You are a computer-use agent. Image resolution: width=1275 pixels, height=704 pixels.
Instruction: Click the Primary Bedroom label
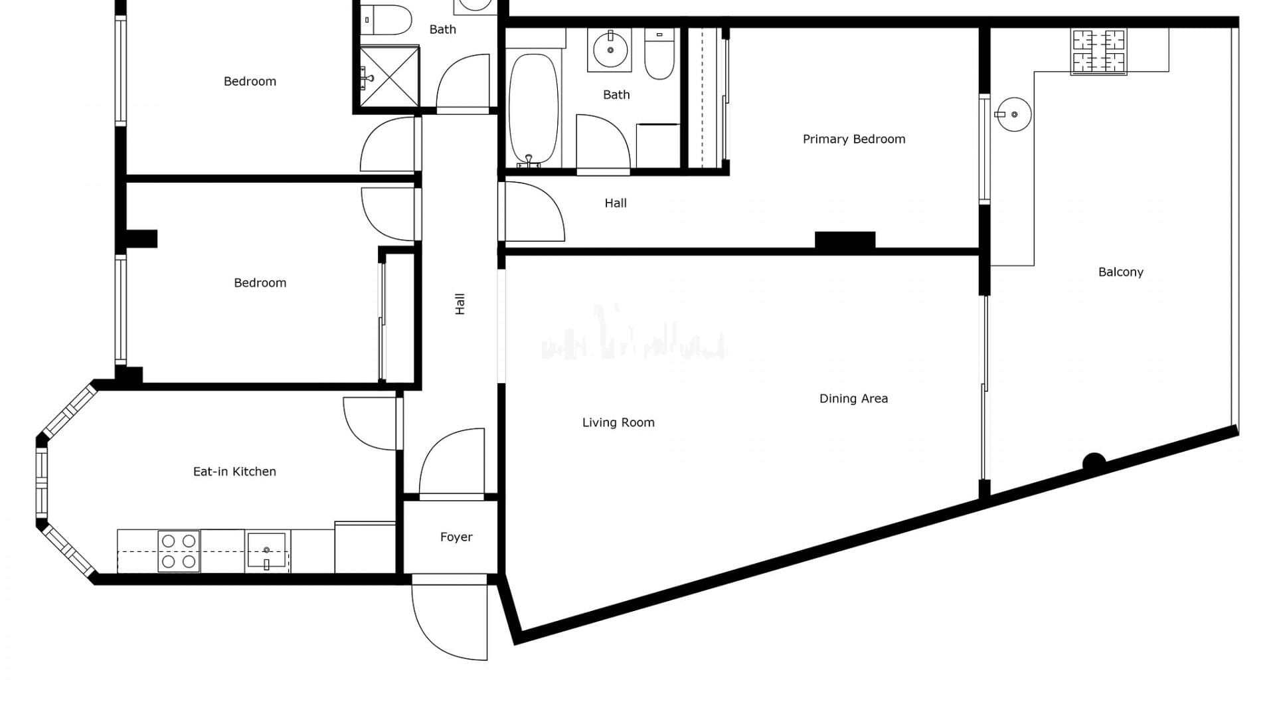pos(854,139)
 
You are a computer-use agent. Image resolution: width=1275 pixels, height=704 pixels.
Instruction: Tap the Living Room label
pos(618,422)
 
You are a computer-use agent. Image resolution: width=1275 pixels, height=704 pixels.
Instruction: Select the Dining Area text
pos(853,398)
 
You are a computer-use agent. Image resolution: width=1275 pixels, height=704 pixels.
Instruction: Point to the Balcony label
pos(1121,272)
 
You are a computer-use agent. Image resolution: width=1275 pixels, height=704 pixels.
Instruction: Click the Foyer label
pos(456,537)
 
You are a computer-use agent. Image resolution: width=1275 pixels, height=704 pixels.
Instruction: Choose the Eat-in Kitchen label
pos(234,472)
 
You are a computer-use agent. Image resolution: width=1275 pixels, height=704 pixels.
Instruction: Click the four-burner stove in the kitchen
pos(179,551)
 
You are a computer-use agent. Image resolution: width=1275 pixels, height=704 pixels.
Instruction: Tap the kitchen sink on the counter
pos(266,551)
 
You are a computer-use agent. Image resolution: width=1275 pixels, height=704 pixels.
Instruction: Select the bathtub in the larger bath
pos(533,110)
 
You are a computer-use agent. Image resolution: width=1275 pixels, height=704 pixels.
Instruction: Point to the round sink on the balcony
pos(1013,114)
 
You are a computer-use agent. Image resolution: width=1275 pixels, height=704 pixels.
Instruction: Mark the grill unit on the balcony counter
pos(1099,52)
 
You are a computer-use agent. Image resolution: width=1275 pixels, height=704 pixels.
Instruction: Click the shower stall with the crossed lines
pos(390,76)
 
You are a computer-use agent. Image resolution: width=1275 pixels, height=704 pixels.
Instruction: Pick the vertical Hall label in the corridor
pos(460,304)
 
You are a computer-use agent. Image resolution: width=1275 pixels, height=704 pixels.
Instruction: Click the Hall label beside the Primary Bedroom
pos(616,203)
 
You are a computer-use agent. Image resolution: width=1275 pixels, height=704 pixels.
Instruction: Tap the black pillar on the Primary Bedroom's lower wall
pos(845,240)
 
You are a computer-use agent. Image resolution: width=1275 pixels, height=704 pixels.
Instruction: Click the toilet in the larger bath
pos(659,54)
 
